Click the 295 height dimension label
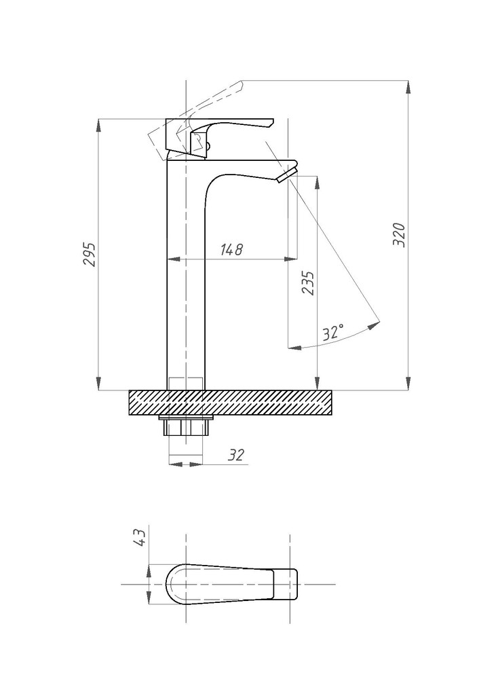[90, 254]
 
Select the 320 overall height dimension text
[399, 235]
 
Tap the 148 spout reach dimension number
[232, 249]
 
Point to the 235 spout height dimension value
[307, 283]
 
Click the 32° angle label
[333, 333]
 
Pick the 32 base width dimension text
[236, 455]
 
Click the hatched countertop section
[230, 403]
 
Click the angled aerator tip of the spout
[288, 173]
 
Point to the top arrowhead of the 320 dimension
[408, 87]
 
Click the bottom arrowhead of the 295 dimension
[98, 384]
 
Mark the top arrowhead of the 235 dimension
[318, 182]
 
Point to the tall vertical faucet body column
[185, 273]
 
